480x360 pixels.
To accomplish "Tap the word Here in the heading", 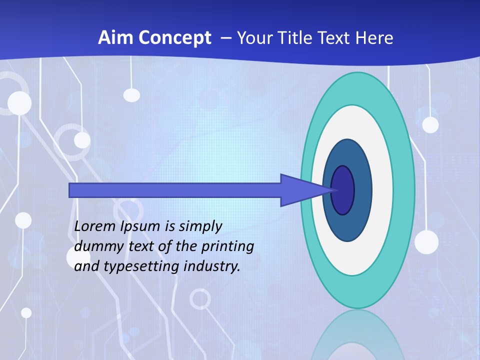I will click(x=374, y=38).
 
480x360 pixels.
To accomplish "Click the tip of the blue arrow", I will click(x=332, y=190).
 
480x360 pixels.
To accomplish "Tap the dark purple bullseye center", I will click(x=343, y=190).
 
